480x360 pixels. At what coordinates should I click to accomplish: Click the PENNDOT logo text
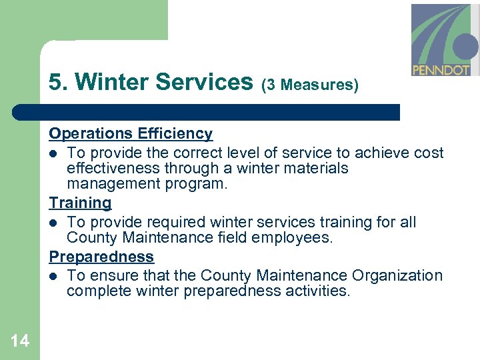[441, 69]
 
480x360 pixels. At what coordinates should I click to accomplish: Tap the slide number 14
[20, 341]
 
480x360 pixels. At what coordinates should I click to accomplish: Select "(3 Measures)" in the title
[309, 85]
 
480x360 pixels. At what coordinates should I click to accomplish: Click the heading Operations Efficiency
[131, 133]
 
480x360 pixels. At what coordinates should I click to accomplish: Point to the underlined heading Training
[80, 203]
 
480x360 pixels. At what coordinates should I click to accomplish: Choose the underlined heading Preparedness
[101, 257]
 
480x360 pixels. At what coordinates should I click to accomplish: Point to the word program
[200, 184]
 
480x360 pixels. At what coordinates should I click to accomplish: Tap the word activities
[316, 291]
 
